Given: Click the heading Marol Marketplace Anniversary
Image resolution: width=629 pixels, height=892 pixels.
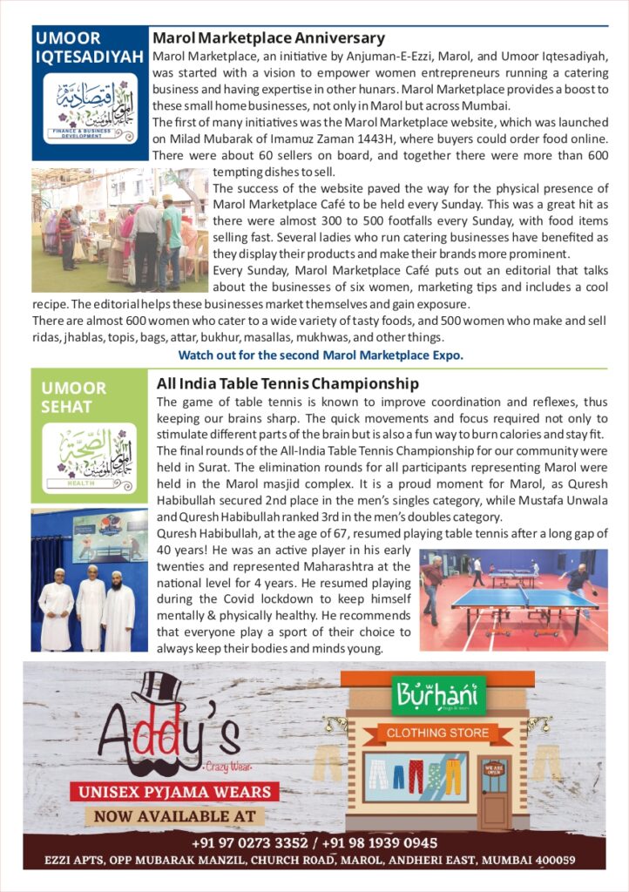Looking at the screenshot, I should (268, 38).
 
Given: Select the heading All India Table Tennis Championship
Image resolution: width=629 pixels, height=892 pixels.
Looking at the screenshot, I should (287, 384).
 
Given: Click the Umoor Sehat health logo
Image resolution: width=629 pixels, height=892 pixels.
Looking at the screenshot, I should (89, 456).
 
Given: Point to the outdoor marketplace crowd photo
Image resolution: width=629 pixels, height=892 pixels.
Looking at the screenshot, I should (119, 230).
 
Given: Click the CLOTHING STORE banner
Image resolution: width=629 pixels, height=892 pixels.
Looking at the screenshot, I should (437, 733).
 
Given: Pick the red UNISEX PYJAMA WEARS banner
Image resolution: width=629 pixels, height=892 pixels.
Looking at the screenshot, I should (175, 792).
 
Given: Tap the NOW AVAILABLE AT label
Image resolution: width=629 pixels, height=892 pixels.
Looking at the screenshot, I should (175, 816).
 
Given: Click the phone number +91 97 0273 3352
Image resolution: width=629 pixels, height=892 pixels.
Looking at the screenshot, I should (247, 843).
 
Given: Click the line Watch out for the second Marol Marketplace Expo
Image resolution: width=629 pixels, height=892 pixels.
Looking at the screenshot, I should (320, 355).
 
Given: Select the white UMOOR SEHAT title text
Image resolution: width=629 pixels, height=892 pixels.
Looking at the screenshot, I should (74, 397).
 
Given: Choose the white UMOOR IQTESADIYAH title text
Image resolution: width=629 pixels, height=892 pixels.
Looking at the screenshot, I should (89, 48).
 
